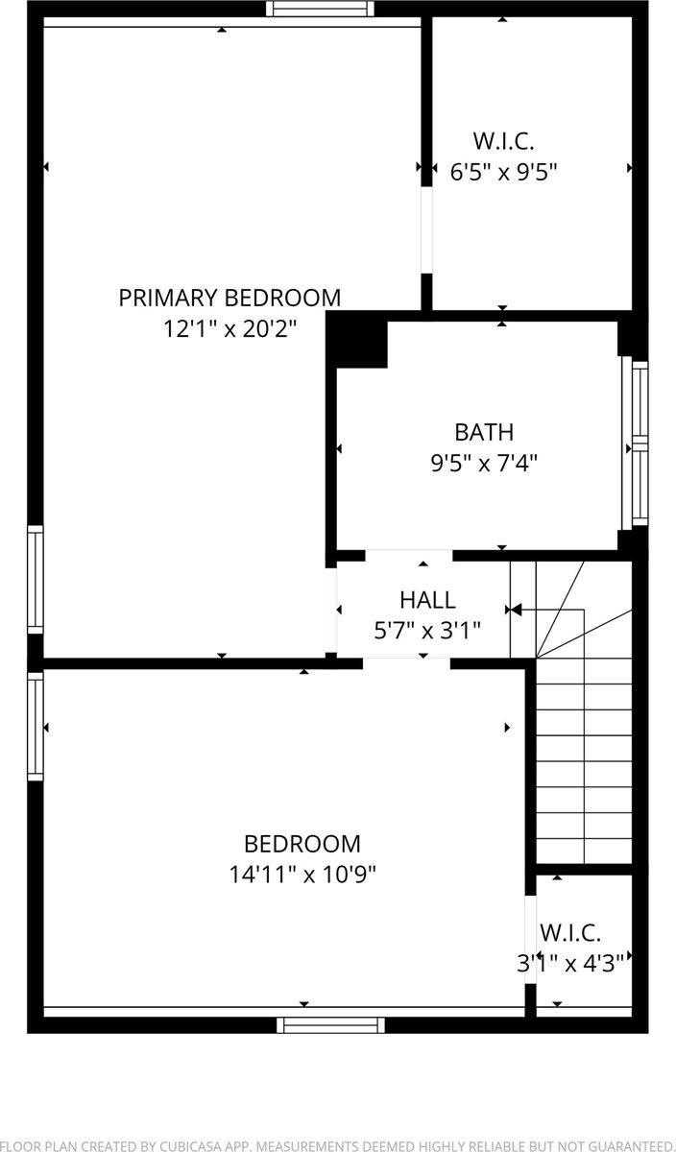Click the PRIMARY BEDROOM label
[229, 298]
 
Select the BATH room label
[484, 432]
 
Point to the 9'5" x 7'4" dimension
[484, 464]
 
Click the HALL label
[427, 601]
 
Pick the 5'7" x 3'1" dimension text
[427, 631]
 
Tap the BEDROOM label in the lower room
[302, 844]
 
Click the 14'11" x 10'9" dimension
[302, 875]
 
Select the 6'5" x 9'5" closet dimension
[504, 173]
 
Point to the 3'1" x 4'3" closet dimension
[571, 962]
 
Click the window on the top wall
[320, 9]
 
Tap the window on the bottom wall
[330, 1024]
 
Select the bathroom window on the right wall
[640, 444]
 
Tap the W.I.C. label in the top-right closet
[504, 141]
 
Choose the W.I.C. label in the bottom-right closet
[570, 932]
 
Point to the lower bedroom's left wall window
[36, 725]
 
